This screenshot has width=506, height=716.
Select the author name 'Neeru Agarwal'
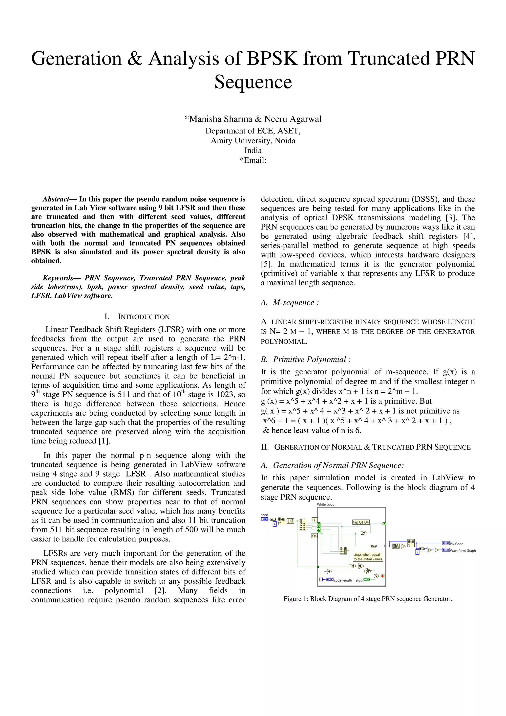coord(293,119)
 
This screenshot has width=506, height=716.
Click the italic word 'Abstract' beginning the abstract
coord(56,199)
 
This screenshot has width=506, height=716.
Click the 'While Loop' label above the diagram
coord(325,504)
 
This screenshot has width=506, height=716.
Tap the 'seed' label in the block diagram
coord(264,515)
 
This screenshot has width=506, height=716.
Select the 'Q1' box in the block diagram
coord(314,520)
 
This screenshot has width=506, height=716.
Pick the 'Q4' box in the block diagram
coord(314,536)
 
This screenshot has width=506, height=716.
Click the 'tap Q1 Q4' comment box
coord(361,522)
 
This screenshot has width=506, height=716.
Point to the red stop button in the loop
coord(382,576)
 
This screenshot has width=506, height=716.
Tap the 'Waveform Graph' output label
coord(463,550)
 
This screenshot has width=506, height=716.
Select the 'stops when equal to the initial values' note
coord(368,557)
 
